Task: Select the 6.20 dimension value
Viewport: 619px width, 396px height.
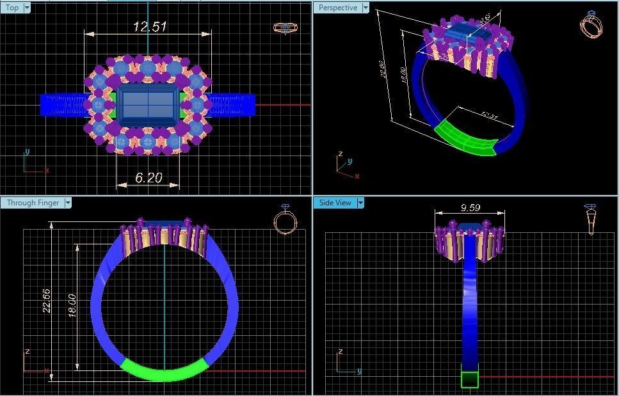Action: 149,178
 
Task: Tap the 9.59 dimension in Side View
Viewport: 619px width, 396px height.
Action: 471,208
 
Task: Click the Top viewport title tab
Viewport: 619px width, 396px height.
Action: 12,8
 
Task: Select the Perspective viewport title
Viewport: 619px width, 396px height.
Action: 337,8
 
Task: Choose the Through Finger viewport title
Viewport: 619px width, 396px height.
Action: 33,203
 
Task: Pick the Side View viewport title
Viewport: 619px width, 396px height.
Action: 335,203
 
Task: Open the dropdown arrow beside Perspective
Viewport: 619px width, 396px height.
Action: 366,8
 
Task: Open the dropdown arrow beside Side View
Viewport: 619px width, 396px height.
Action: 360,203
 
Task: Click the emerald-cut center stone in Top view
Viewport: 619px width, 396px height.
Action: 148,105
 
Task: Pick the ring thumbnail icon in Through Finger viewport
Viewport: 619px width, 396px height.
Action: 285,220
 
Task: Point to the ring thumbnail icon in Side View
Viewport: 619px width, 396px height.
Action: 591,219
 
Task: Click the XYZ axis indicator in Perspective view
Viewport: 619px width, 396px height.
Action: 344,166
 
